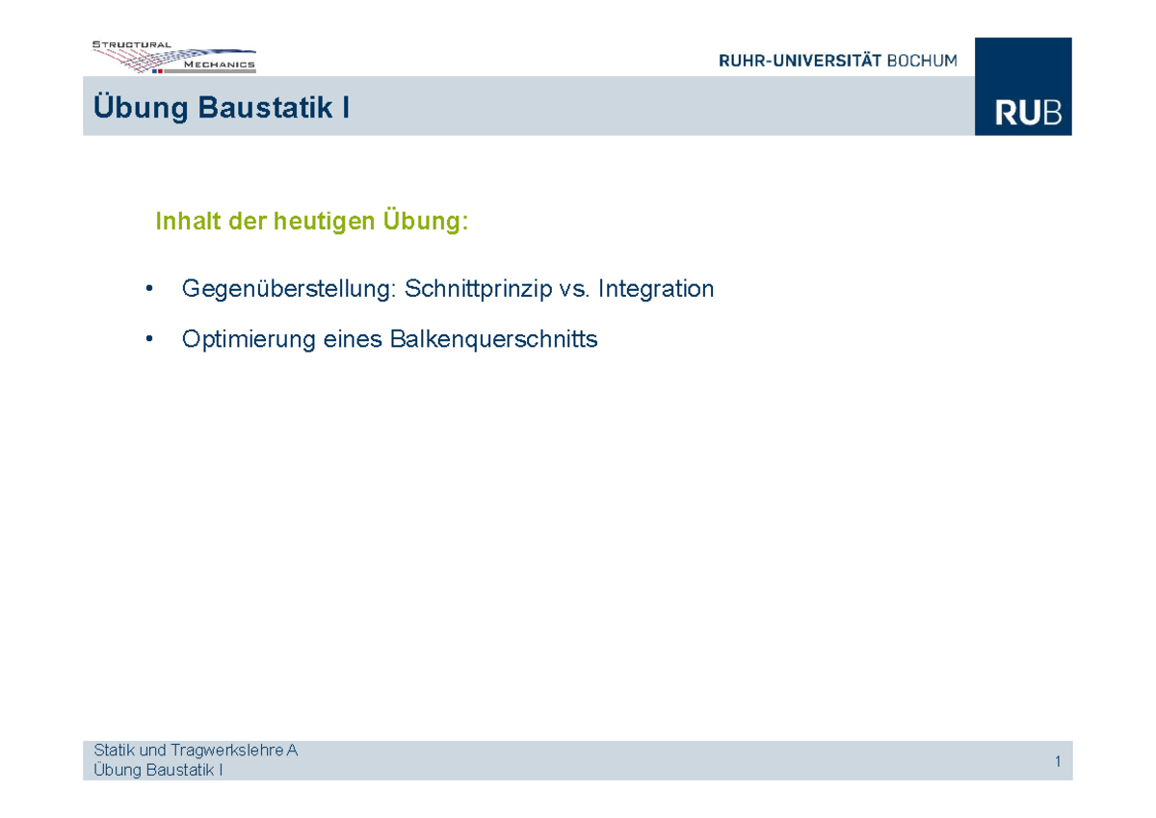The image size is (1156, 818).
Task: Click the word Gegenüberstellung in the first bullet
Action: (x=289, y=288)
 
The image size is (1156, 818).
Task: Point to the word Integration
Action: (x=656, y=288)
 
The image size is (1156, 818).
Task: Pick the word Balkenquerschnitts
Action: (x=493, y=339)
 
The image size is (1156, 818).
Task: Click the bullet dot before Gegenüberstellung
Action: (x=148, y=288)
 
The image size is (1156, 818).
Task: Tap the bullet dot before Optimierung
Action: (x=148, y=339)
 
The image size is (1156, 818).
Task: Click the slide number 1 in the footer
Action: (x=1057, y=762)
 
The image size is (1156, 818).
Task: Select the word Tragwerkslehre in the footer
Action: (x=241, y=750)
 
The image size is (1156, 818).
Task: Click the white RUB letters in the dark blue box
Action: (x=1029, y=114)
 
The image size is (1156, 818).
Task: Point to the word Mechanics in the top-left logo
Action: (x=220, y=65)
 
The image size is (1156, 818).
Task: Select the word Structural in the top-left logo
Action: (x=132, y=44)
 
